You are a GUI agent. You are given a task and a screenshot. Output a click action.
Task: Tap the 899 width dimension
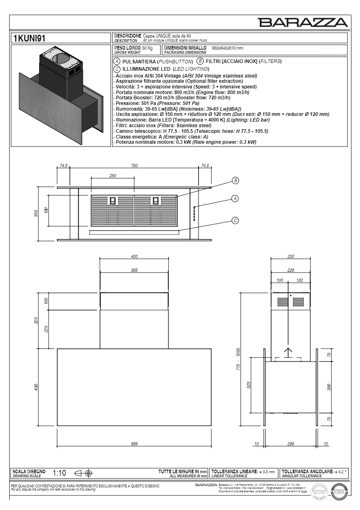point(134,444)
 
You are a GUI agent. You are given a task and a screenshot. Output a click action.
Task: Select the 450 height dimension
point(36,387)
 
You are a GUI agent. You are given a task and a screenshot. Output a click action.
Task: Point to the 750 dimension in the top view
point(134,166)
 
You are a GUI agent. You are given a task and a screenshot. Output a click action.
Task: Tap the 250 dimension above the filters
point(113,176)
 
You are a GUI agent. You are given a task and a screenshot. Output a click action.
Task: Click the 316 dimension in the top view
point(36,213)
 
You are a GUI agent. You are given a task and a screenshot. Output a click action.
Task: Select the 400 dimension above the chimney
point(134,256)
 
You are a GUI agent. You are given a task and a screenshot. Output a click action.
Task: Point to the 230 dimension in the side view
point(291,256)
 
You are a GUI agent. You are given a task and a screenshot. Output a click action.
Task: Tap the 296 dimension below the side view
point(291,444)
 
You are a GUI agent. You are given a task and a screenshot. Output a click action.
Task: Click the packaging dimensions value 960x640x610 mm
point(228,48)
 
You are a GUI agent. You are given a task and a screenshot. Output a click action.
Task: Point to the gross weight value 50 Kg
point(145,48)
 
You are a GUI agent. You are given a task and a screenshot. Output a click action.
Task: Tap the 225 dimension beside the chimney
point(46,329)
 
